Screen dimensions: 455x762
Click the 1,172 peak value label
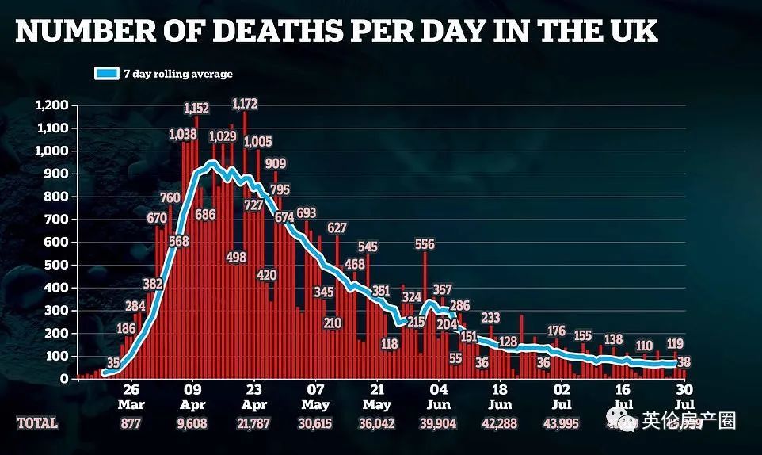pyautogui.click(x=244, y=103)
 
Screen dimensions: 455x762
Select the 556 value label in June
pyautogui.click(x=425, y=245)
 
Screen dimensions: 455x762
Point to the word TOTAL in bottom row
pyautogui.click(x=37, y=423)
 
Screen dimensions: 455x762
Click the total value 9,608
pyautogui.click(x=193, y=423)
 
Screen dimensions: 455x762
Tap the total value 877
pyautogui.click(x=131, y=423)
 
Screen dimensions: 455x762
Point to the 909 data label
pyautogui.click(x=276, y=164)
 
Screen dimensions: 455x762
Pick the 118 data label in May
pyautogui.click(x=389, y=344)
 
